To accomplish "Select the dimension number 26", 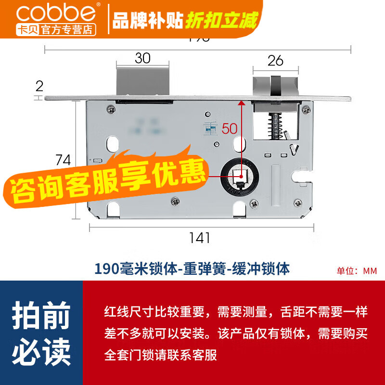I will [x=275, y=61].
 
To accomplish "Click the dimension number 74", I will [x=63, y=159].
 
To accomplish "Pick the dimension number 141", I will [x=199, y=237].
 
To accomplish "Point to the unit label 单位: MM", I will [x=357, y=270].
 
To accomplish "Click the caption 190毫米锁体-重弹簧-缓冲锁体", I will [x=192, y=268].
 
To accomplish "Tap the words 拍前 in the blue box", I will [x=41, y=317].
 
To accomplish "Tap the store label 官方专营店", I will [x=69, y=29].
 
